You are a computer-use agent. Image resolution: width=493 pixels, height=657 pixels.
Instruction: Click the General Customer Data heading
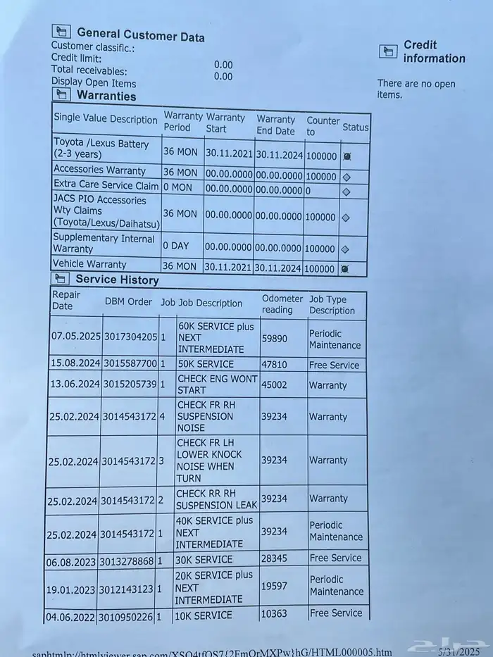click(140, 34)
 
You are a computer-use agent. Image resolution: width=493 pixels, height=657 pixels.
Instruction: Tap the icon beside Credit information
click(388, 51)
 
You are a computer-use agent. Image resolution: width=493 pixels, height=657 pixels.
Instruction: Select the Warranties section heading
click(106, 96)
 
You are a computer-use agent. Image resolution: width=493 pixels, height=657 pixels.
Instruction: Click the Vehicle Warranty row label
click(90, 265)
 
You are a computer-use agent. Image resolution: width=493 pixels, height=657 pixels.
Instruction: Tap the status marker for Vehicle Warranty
click(346, 269)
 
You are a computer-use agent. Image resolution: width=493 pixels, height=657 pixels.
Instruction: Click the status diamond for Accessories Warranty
click(346, 177)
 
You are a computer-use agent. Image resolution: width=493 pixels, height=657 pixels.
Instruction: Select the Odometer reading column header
click(282, 304)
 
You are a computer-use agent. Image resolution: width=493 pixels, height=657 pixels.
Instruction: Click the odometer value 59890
click(274, 339)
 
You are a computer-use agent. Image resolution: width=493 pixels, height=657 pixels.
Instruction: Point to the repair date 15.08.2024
click(75, 364)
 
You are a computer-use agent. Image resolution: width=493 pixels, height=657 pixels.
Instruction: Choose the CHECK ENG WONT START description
click(216, 384)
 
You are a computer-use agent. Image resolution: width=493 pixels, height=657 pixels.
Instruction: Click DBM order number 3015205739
click(130, 384)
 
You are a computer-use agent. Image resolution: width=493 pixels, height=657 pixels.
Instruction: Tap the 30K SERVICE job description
click(204, 559)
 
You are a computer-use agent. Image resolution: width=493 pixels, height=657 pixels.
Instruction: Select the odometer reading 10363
click(275, 615)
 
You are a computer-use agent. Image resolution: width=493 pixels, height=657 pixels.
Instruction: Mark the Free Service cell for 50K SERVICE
click(334, 365)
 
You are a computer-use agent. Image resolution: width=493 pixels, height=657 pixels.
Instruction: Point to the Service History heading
click(117, 280)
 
